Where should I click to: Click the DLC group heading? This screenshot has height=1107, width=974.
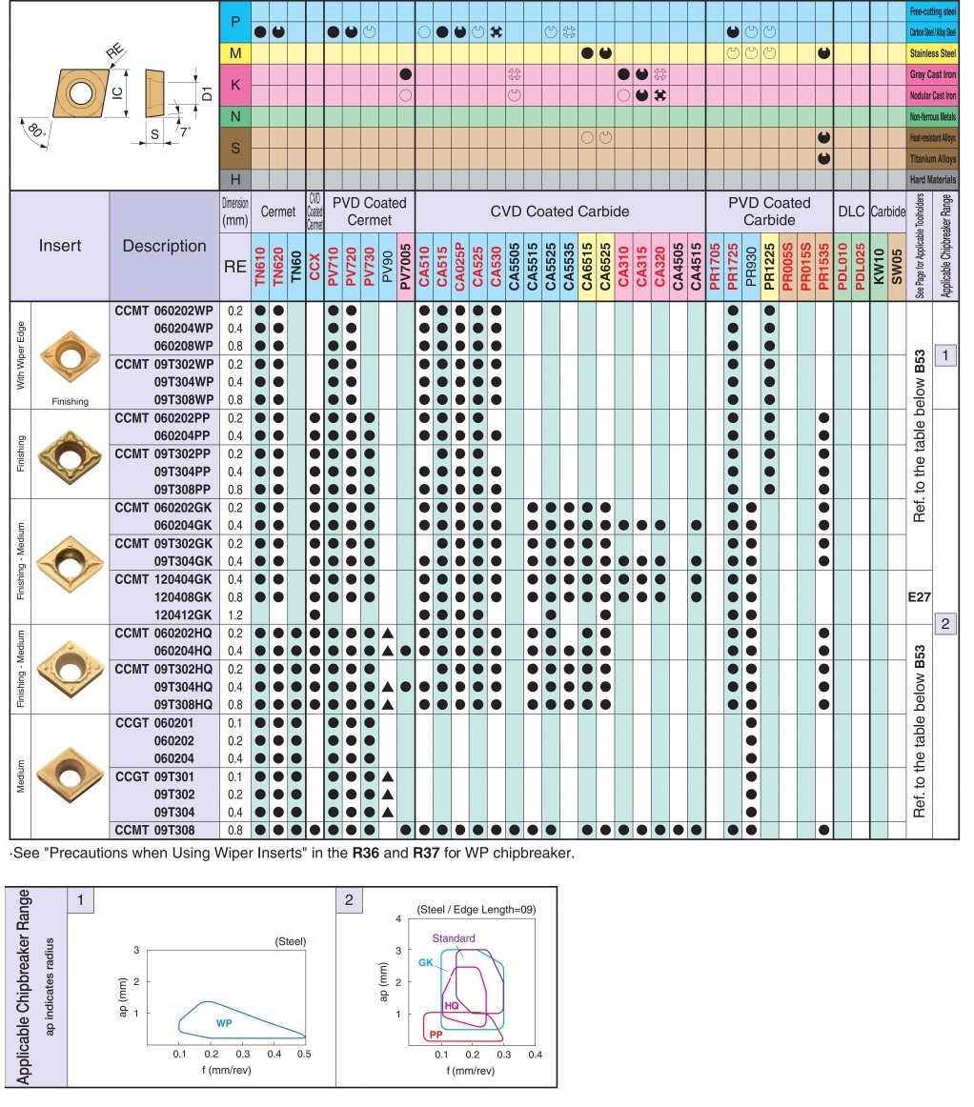point(851,211)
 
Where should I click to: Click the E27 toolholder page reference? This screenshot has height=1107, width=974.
point(919,597)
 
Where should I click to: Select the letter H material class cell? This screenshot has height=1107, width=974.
point(235,179)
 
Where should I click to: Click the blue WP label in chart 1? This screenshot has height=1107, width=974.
point(224,1022)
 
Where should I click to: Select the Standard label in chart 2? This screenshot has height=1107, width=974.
point(454,938)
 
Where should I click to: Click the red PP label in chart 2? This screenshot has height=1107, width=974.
point(436,1034)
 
